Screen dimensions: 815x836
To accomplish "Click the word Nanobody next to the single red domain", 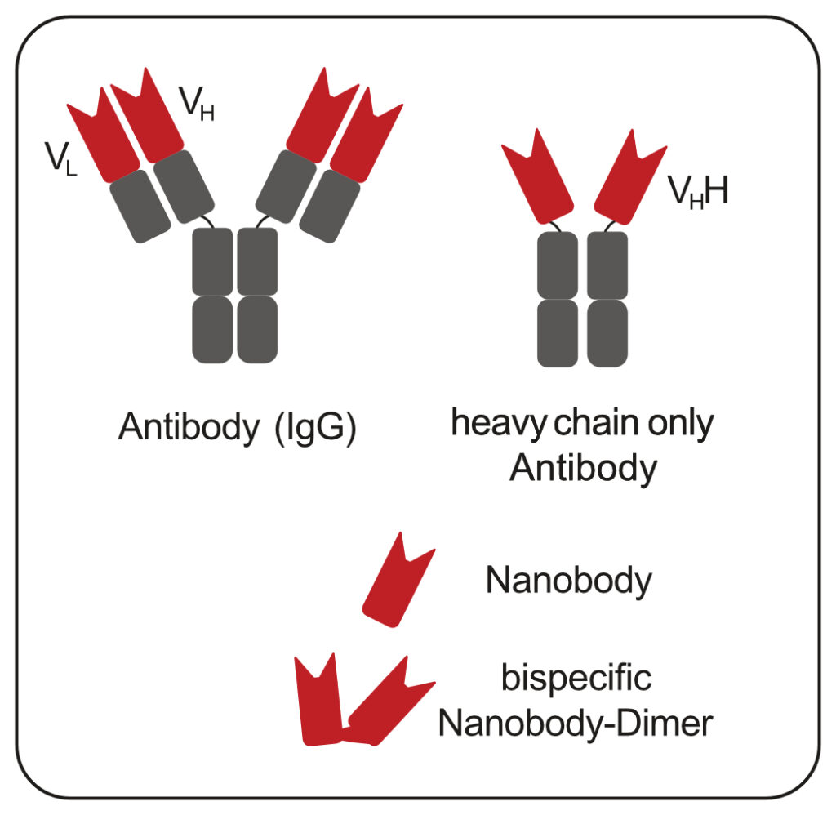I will click(568, 581).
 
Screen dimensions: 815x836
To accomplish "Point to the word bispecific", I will click(576, 679).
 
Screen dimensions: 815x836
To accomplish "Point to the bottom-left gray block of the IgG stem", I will click(212, 329).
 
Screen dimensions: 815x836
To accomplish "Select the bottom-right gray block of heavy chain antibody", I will click(607, 332).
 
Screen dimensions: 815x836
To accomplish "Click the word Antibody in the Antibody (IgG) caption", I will click(187, 429).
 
